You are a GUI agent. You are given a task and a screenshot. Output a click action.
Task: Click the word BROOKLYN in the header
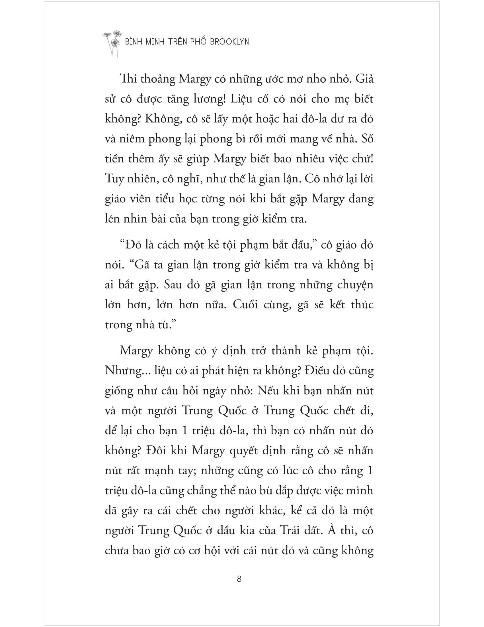pos(229,42)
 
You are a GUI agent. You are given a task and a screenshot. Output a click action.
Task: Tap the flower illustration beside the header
pos(113,43)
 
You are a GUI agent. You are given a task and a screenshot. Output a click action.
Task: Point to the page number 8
pos(239,579)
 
